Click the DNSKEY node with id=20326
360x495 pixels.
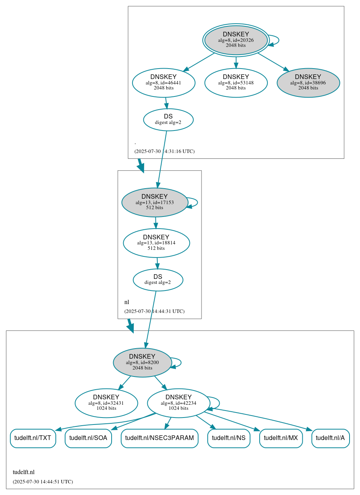pyautogui.click(x=236, y=40)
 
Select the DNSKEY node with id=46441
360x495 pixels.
pyautogui.click(x=164, y=82)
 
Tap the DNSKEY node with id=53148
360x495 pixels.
pyautogui.click(x=236, y=82)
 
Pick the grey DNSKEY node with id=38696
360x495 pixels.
pyautogui.click(x=308, y=82)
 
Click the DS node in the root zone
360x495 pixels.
pyautogui.click(x=168, y=120)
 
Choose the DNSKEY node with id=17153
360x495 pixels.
pyautogui.click(x=155, y=202)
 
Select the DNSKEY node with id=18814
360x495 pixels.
pyautogui.click(x=156, y=243)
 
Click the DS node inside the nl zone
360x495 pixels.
pyautogui.click(x=158, y=280)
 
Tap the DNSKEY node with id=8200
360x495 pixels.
pyautogui.click(x=142, y=363)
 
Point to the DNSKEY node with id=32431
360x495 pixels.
pyautogui.click(x=106, y=403)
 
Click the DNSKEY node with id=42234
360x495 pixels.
pyautogui.click(x=178, y=403)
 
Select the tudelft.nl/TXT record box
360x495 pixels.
pyautogui.click(x=33, y=438)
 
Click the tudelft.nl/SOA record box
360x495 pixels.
pyautogui.click(x=88, y=438)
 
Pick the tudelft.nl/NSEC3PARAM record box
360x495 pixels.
pyautogui.click(x=159, y=438)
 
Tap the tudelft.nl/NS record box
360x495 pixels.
pyautogui.click(x=229, y=438)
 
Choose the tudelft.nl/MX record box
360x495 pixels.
pyautogui.click(x=281, y=438)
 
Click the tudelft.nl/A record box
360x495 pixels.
pyautogui.click(x=330, y=438)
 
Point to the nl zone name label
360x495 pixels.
pyautogui.click(x=127, y=302)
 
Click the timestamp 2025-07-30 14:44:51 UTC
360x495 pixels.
pyautogui.click(x=43, y=482)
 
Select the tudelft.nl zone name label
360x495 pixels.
pyautogui.click(x=24, y=472)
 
